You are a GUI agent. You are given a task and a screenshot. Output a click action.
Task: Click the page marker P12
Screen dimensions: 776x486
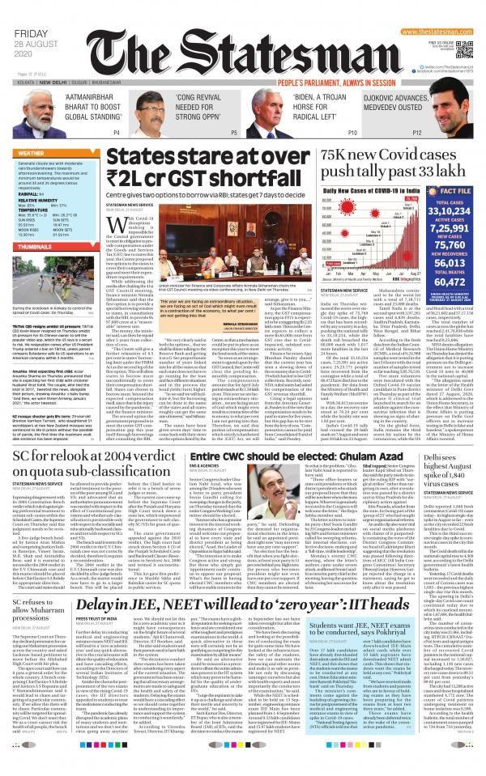point(416,132)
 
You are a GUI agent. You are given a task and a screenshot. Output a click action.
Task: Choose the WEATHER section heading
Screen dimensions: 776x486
point(32,151)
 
